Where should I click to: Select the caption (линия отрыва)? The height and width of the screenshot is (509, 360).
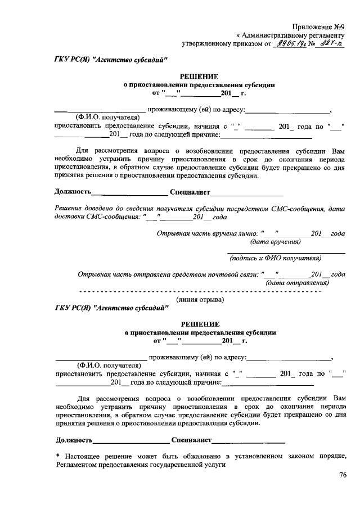click(200, 300)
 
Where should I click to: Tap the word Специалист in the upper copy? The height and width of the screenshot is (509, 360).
click(190, 193)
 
